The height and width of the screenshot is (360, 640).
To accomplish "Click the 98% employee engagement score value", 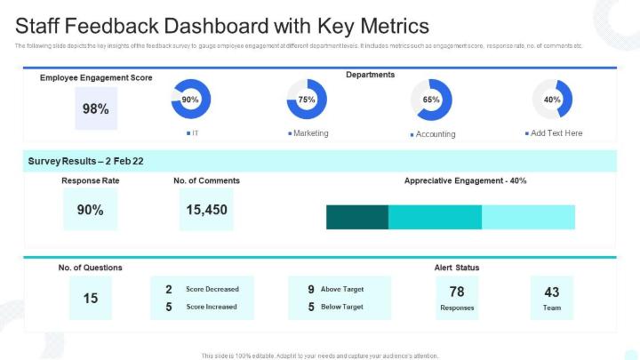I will click(x=96, y=109).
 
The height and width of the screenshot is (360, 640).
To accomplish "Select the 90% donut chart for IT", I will click(x=190, y=100).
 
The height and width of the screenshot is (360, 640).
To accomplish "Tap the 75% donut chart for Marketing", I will click(x=308, y=100).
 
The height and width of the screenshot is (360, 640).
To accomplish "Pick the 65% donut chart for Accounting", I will click(x=431, y=100).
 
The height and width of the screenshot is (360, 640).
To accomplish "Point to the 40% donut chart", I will click(x=552, y=100).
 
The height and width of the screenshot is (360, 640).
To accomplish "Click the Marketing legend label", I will click(x=311, y=133).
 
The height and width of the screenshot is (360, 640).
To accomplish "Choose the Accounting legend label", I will click(x=436, y=134).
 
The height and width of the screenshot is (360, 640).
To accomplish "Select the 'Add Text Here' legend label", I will click(x=556, y=133).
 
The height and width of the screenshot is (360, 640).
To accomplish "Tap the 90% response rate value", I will click(x=90, y=211).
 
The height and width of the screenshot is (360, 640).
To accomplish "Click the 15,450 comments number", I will click(x=206, y=211).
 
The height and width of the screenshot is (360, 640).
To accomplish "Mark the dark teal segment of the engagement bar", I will click(x=357, y=217).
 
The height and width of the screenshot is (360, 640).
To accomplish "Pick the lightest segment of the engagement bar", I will click(x=528, y=217).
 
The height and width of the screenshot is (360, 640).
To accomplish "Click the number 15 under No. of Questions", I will click(x=91, y=299).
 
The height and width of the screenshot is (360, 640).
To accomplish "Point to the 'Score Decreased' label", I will click(x=212, y=289).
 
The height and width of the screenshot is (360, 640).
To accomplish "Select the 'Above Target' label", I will click(x=341, y=289).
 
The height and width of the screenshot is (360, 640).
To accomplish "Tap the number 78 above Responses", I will click(x=457, y=292).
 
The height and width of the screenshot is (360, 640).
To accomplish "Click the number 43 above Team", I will click(x=552, y=292).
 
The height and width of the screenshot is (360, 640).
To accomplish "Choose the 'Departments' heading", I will click(x=371, y=76).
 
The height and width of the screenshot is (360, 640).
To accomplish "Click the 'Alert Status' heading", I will click(x=457, y=268).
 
